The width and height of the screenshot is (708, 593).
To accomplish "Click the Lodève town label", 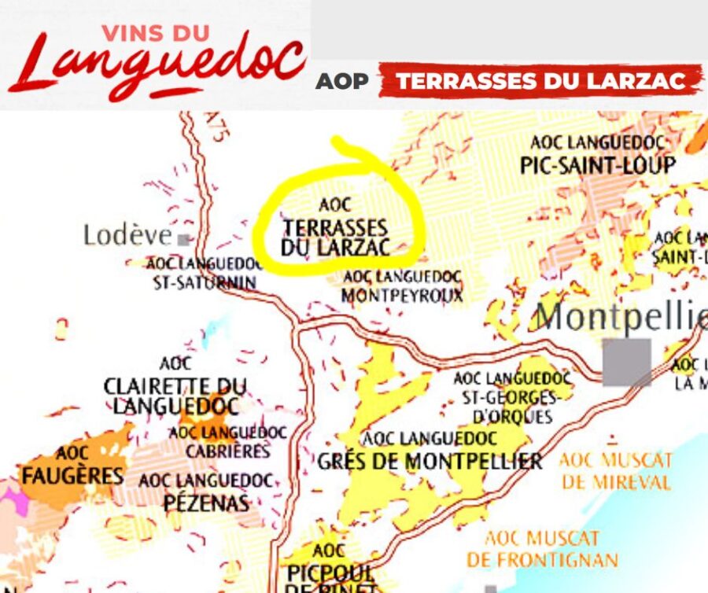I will click(127, 234).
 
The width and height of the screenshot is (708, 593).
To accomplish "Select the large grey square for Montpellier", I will click(627, 362).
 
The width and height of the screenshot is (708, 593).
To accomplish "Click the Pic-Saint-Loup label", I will click(598, 156).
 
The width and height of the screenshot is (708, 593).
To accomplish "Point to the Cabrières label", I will click(228, 442).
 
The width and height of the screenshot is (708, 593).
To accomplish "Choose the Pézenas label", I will click(206, 492).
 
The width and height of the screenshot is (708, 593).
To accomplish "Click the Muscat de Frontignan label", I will click(542, 549).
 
